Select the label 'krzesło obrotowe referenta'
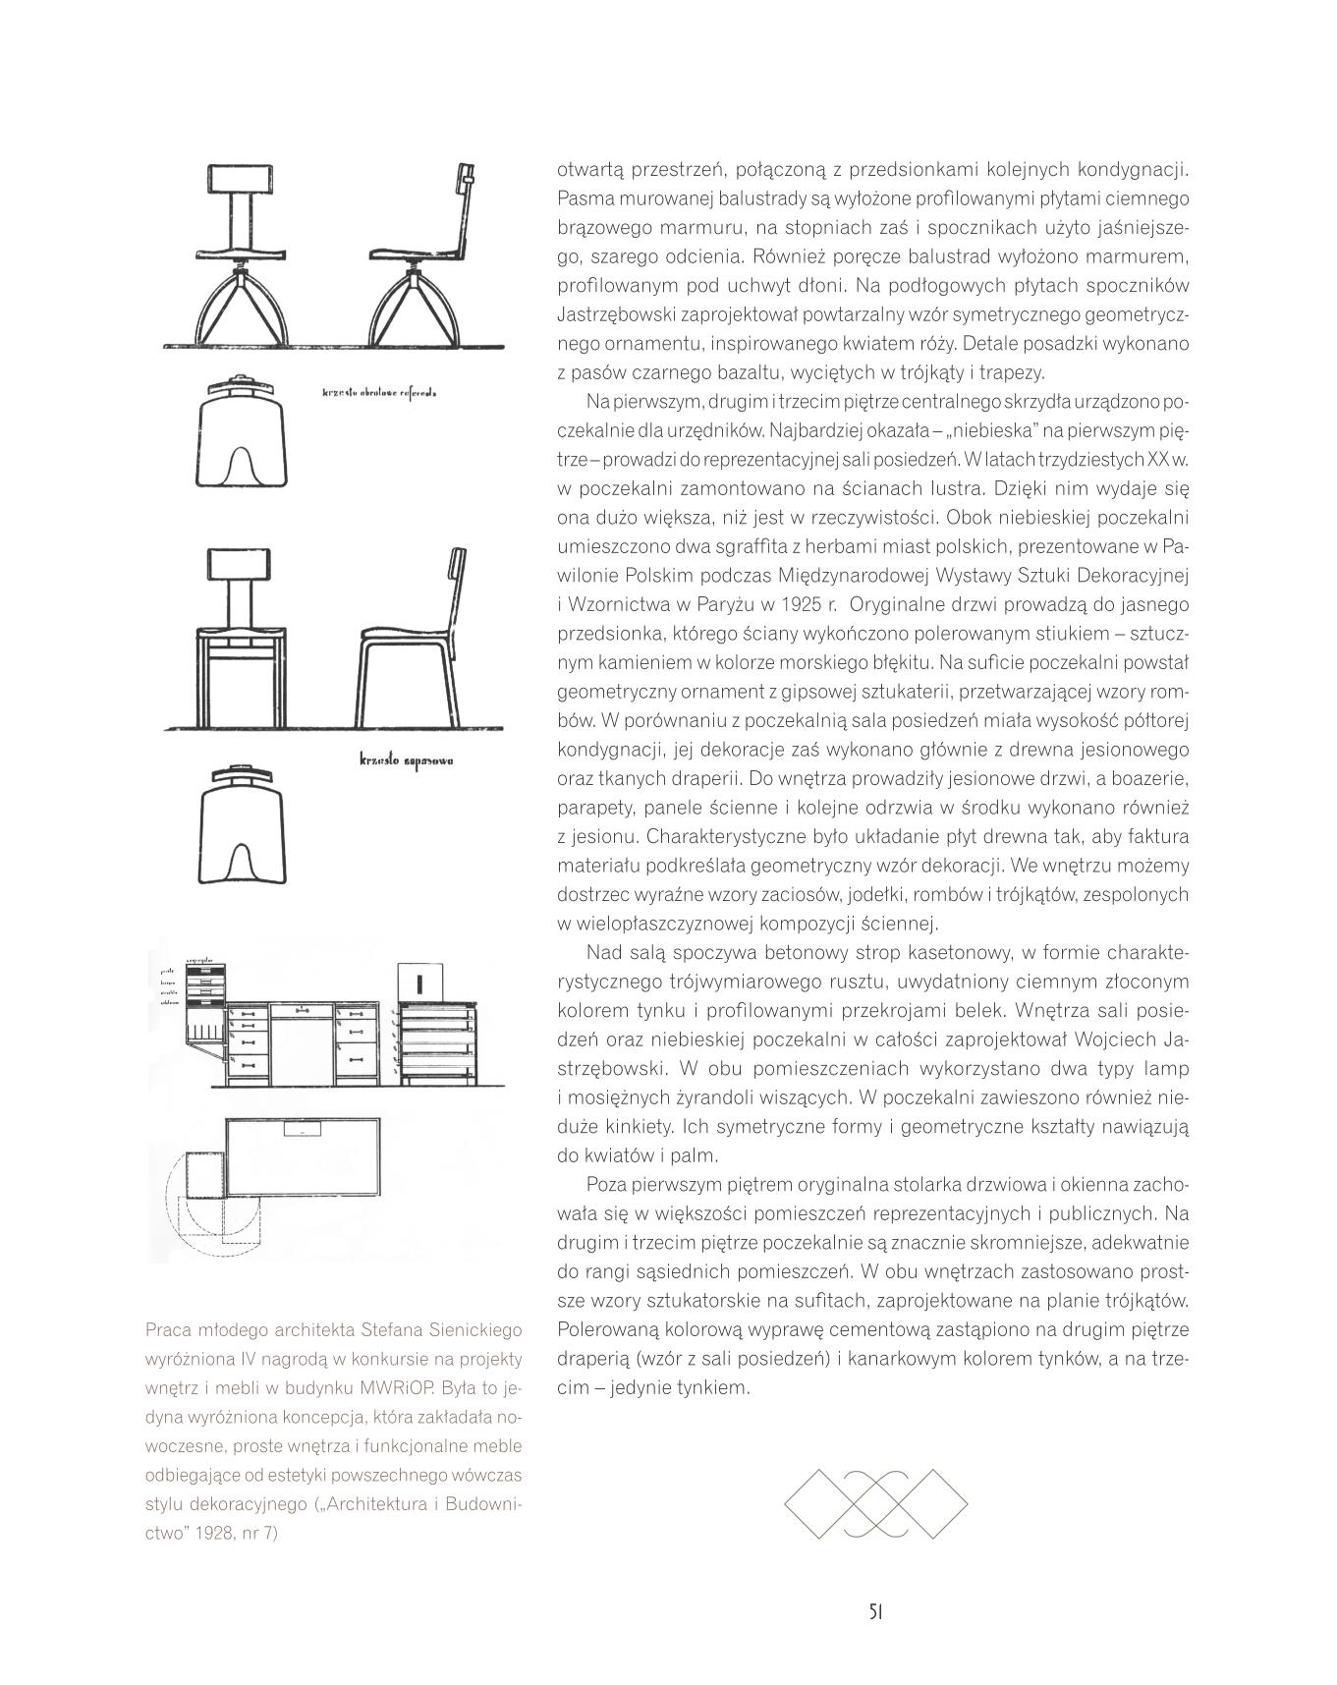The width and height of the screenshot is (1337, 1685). pos(379,393)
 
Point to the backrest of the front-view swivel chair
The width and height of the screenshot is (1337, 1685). pos(241,180)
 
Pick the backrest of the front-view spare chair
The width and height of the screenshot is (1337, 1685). pos(241,564)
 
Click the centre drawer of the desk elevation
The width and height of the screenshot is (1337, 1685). pos(301,1009)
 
